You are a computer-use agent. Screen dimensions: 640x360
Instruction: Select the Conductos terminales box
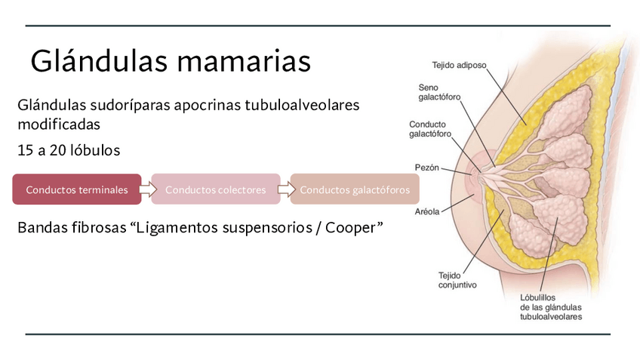coord(76,189)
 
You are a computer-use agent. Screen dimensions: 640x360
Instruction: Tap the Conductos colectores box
coord(215,189)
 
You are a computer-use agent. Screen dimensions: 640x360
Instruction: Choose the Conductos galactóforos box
coord(354,189)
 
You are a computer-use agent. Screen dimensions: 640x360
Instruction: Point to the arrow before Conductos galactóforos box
coord(284,189)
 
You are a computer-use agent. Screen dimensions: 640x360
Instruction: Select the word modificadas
coord(59,123)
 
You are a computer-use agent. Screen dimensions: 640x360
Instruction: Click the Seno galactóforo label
coord(439,92)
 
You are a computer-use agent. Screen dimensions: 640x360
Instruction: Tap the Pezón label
coord(426,168)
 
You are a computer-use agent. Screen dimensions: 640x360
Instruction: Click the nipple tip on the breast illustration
coord(472,179)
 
